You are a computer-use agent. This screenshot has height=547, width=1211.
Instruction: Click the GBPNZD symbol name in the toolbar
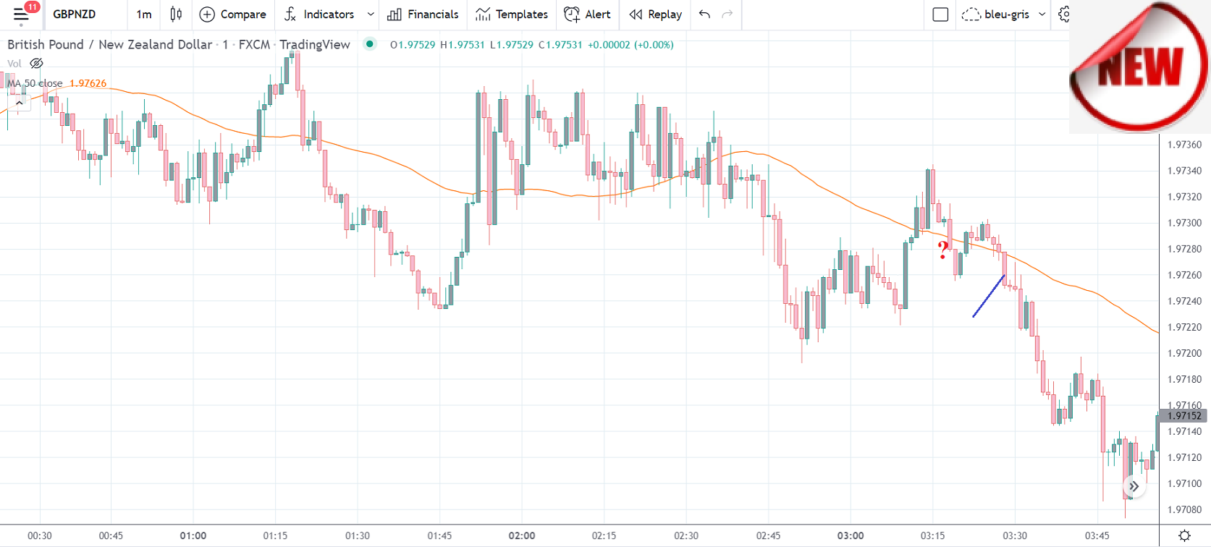(74, 14)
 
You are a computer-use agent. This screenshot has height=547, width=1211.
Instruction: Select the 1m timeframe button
(144, 14)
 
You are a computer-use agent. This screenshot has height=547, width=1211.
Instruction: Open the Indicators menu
(319, 14)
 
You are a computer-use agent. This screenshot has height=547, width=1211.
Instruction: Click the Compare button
(232, 14)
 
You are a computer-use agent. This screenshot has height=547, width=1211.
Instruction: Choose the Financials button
(423, 14)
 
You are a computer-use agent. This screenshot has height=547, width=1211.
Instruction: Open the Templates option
(512, 14)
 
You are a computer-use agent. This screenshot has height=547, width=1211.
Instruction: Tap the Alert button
(587, 14)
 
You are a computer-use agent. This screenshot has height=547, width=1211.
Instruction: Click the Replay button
(656, 14)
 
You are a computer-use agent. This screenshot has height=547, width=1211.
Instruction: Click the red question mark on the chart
(942, 250)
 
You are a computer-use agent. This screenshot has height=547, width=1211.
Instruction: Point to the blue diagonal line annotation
(989, 295)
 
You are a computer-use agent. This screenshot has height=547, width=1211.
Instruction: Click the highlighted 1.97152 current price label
(1183, 416)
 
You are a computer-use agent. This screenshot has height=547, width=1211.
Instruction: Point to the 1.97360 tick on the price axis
(1184, 145)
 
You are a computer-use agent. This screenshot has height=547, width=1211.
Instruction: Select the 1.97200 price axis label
(1184, 353)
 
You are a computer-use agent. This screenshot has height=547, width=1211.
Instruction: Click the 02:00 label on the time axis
(522, 536)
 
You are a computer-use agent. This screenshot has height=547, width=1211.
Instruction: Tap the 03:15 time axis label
(932, 536)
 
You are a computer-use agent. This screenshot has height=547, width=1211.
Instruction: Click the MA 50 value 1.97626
(88, 83)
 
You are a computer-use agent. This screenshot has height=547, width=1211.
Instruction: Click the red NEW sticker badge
(1140, 67)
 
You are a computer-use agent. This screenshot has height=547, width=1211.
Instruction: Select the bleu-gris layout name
(1006, 14)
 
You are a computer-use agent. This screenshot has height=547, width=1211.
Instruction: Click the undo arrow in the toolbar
(704, 14)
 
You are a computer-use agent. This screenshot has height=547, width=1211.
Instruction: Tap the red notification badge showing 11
(32, 7)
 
